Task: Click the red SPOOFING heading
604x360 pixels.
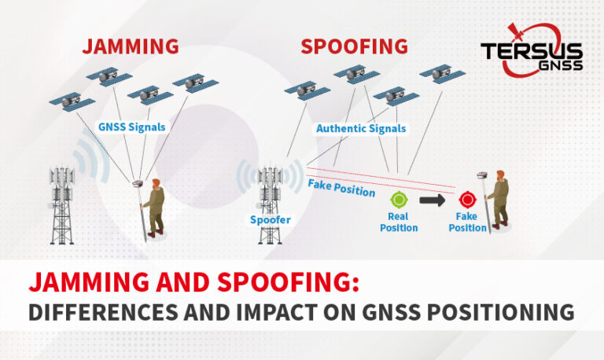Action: (x=354, y=46)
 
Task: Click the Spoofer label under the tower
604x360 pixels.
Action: (x=271, y=220)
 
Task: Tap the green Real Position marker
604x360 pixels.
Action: (x=399, y=200)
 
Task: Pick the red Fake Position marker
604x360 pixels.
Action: (x=467, y=200)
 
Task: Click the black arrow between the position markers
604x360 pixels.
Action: (x=433, y=200)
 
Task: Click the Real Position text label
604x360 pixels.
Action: (x=399, y=222)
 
